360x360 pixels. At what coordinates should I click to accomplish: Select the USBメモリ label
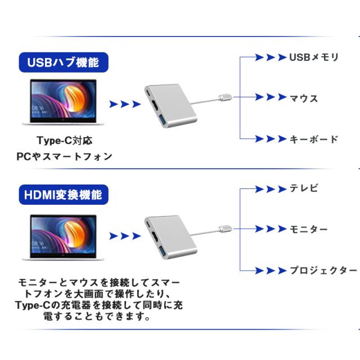click(x=314, y=57)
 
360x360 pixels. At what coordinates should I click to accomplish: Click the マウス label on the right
click(x=304, y=98)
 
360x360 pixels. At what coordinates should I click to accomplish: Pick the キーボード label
click(x=314, y=139)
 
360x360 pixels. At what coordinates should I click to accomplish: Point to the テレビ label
click(x=304, y=188)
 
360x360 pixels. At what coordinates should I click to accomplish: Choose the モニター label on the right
click(x=308, y=229)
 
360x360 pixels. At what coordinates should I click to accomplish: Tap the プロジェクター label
click(x=323, y=271)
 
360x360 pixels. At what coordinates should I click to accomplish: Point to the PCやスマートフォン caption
click(x=64, y=156)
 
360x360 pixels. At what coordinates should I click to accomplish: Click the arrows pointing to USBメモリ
click(x=268, y=57)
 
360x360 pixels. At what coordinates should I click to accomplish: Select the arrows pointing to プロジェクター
click(x=268, y=270)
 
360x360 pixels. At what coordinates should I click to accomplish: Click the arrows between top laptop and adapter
click(x=124, y=104)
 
